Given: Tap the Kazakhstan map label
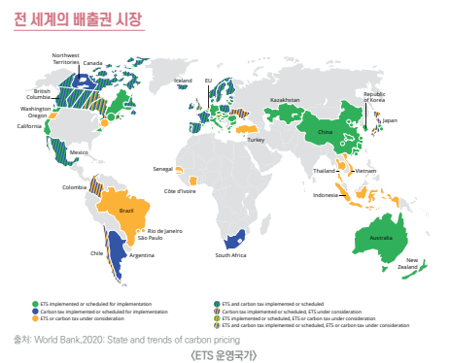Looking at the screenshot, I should [x=285, y=99].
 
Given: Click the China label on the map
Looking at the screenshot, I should [x=325, y=131].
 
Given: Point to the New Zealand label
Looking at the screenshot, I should [x=412, y=262].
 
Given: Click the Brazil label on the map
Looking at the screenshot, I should [x=125, y=210].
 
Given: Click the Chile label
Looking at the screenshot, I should [x=96, y=253].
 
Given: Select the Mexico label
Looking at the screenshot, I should [x=80, y=152].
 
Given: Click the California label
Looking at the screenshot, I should [x=29, y=126].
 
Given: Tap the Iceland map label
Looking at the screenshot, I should [x=183, y=81].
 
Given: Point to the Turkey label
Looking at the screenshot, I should [x=256, y=140].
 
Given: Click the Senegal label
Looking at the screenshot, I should [x=162, y=169].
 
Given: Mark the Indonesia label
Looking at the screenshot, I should [x=325, y=195].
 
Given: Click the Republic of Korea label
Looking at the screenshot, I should [x=374, y=96].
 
